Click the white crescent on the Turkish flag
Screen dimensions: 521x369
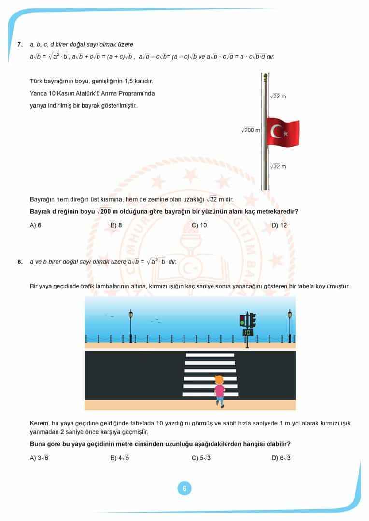pos(277,131)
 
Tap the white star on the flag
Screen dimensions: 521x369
pos(285,132)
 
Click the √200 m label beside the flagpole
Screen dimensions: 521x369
pos(251,130)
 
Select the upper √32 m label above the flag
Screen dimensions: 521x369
pos(278,96)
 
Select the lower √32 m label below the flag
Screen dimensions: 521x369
pos(278,166)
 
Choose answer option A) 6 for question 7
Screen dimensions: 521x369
pos(36,225)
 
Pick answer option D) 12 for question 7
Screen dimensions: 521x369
pos(279,225)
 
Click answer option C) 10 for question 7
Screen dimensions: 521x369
pos(199,225)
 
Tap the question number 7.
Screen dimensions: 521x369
pos(20,44)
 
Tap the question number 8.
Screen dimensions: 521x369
pos(20,262)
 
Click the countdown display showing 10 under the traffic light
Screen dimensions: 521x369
pos(248,332)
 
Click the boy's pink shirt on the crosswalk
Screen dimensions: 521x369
pos(220,390)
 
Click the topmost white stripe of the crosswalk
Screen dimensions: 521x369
pos(210,355)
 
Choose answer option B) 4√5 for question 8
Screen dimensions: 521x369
pos(120,458)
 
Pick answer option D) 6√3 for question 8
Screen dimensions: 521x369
pos(281,458)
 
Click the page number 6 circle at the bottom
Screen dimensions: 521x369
pos(184,489)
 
